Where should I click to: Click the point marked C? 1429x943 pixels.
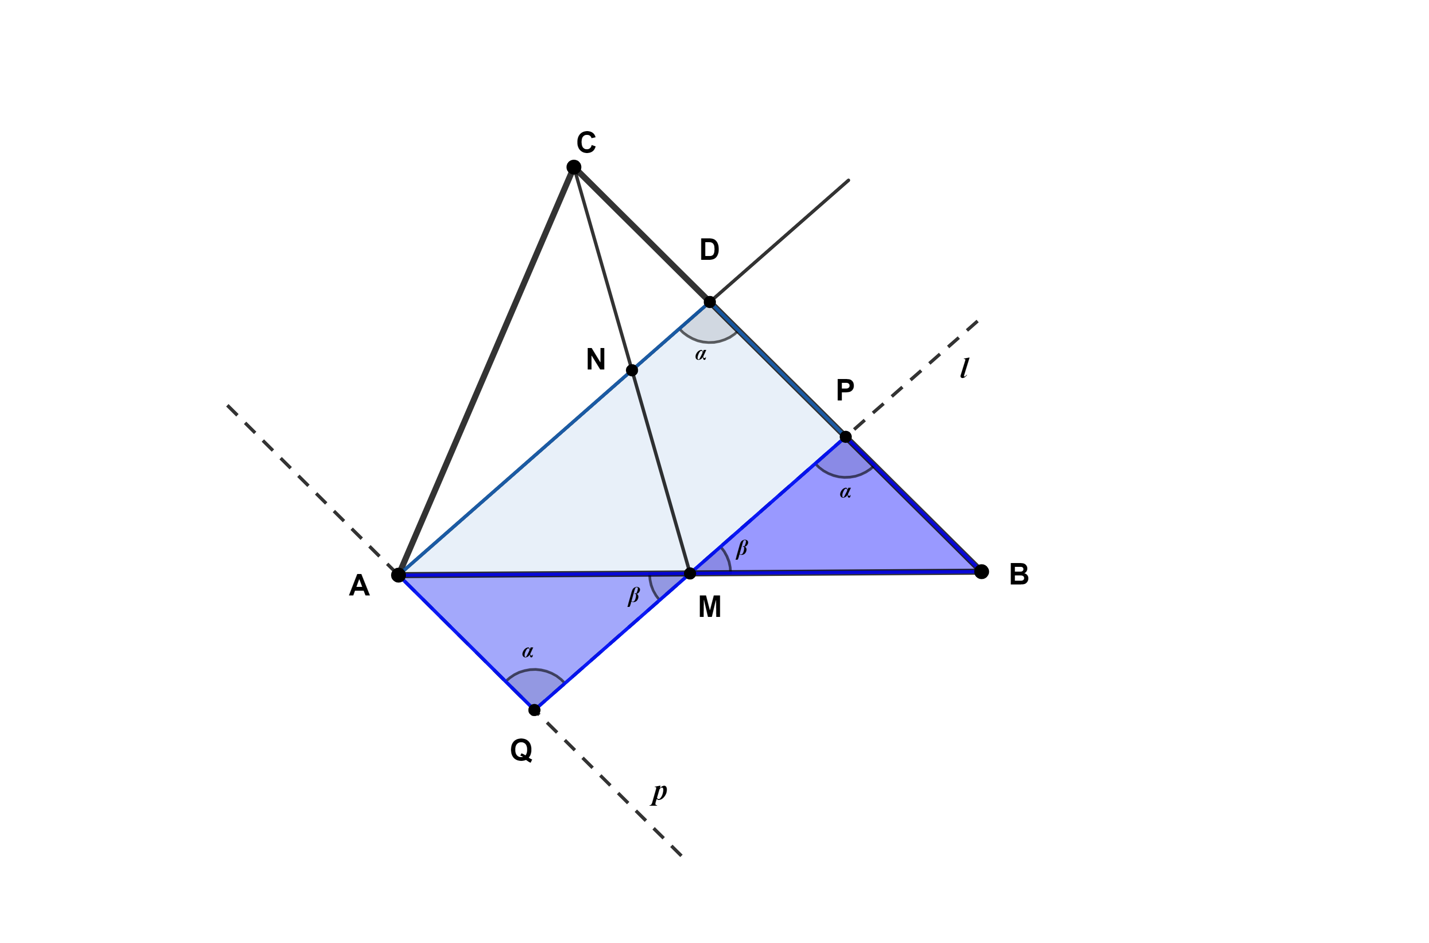pyautogui.click(x=574, y=166)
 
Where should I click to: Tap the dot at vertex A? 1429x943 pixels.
pyautogui.click(x=398, y=575)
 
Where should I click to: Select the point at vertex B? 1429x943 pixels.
pyautogui.click(x=981, y=571)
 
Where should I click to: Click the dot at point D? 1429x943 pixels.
pyautogui.click(x=710, y=301)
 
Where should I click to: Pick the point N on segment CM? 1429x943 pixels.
pyautogui.click(x=632, y=370)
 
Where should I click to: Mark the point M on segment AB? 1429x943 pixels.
pyautogui.click(x=690, y=573)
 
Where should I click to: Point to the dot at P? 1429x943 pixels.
pyautogui.click(x=845, y=437)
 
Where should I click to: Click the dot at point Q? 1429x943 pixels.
pyautogui.click(x=534, y=710)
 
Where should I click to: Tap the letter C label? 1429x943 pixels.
pyautogui.click(x=586, y=143)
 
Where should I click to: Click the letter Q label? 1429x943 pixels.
pyautogui.click(x=521, y=750)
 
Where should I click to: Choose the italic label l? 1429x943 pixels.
pyautogui.click(x=965, y=368)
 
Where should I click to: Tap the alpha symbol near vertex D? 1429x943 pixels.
pyautogui.click(x=701, y=354)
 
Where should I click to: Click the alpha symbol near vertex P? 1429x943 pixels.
pyautogui.click(x=845, y=492)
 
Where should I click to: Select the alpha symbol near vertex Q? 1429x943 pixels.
pyautogui.click(x=528, y=651)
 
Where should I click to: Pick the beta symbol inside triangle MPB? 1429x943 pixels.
pyautogui.click(x=742, y=548)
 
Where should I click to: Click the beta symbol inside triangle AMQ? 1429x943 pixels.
pyautogui.click(x=634, y=595)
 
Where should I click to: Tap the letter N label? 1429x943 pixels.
pyautogui.click(x=595, y=359)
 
